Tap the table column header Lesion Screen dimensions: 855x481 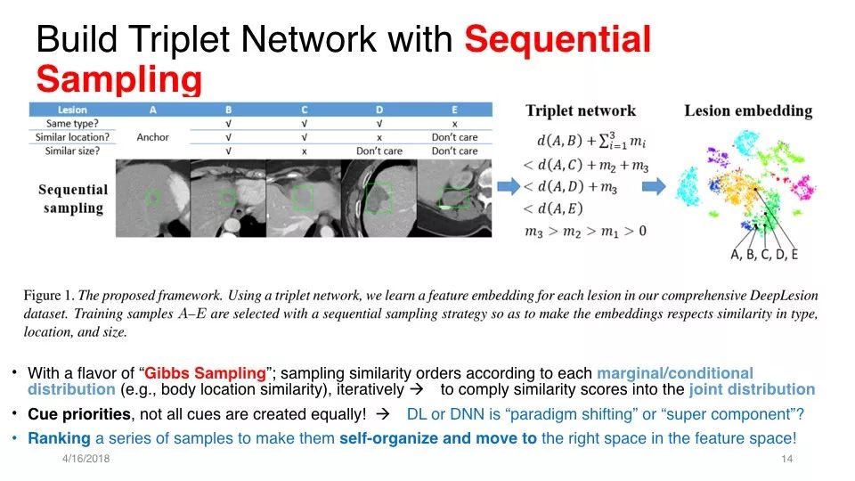(71, 110)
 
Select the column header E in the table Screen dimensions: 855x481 (454, 110)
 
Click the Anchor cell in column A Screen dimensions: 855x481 (153, 137)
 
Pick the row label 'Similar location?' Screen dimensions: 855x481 (72, 137)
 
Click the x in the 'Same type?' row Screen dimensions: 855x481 (454, 123)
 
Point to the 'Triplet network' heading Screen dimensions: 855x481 (581, 110)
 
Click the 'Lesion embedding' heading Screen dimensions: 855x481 (748, 110)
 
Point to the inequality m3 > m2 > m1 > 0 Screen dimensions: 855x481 (586, 232)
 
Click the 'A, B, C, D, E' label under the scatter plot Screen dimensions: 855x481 (764, 255)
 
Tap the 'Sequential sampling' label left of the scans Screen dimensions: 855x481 (73, 199)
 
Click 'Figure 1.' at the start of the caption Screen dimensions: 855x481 (49, 296)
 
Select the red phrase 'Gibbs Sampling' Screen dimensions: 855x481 (205, 373)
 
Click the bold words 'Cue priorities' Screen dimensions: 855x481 (79, 414)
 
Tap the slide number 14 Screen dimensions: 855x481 (786, 459)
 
